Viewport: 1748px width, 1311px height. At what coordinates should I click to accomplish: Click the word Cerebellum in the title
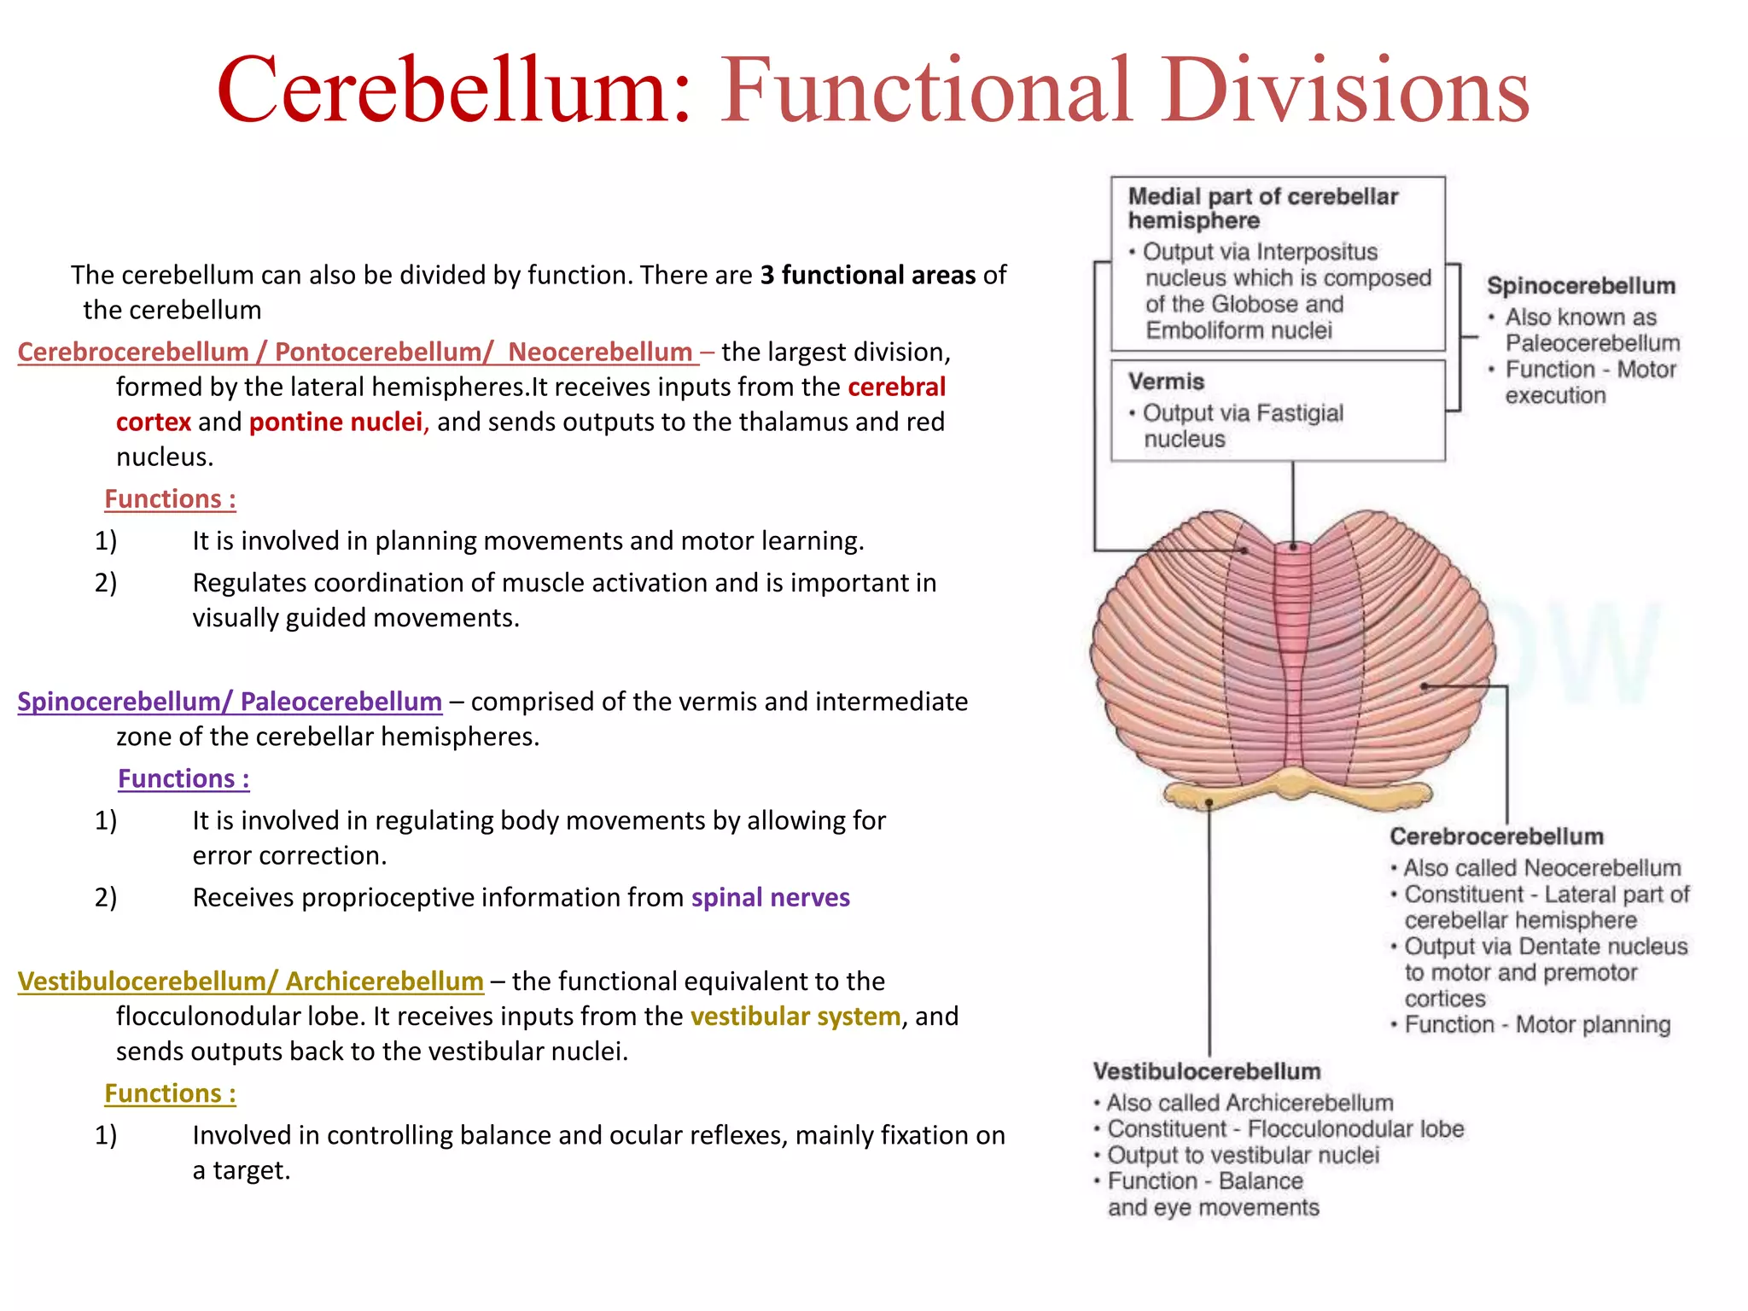[x=452, y=90]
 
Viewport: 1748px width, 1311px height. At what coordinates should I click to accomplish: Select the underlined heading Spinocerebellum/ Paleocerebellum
[x=230, y=702]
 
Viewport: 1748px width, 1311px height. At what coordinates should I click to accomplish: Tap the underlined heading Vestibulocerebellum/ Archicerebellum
[x=250, y=982]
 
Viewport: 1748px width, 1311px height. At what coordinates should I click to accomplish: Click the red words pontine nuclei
[x=335, y=422]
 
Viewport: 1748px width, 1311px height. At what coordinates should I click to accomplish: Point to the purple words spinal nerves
[x=770, y=898]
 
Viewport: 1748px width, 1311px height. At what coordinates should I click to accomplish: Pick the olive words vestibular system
[x=795, y=1017]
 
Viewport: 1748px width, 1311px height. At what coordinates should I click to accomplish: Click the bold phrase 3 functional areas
[x=867, y=276]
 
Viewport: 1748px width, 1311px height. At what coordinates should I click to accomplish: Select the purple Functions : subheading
[x=184, y=779]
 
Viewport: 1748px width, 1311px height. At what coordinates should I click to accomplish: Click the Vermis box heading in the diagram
[x=1165, y=382]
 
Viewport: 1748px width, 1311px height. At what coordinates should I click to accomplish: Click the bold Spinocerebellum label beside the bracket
[x=1580, y=286]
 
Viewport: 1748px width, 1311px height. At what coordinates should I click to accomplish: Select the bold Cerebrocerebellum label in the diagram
[x=1495, y=836]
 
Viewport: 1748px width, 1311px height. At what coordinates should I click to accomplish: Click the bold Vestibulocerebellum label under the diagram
[x=1206, y=1071]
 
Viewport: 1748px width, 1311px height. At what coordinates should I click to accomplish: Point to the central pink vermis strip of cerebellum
[x=1293, y=649]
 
